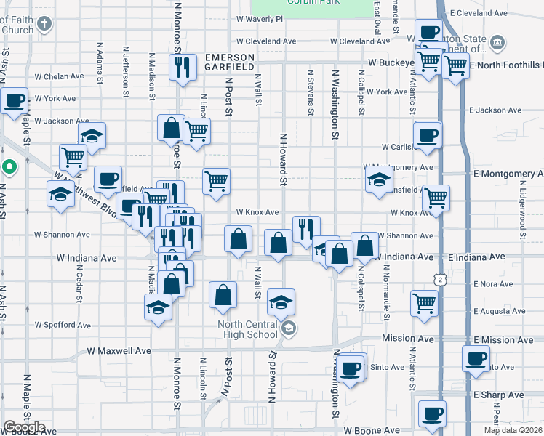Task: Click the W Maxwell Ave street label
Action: pos(119,350)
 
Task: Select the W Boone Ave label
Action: pos(372,430)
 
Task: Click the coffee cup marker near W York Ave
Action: pos(15,101)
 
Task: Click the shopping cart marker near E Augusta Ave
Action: pos(424,302)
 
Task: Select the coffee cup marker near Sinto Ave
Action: pos(352,368)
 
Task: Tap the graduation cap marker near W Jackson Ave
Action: pos(92,134)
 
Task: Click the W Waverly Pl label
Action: pos(259,20)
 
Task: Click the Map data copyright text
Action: pos(513,430)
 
